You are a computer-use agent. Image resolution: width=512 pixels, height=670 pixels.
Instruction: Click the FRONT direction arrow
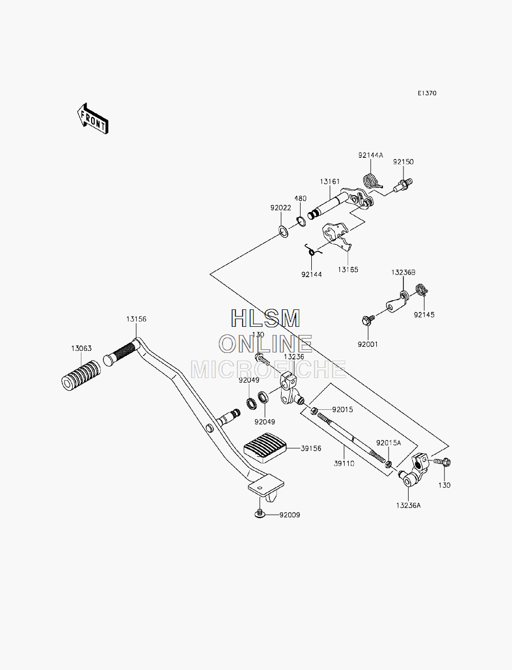[x=93, y=119]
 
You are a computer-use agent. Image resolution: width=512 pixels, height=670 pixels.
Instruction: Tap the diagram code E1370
[x=427, y=93]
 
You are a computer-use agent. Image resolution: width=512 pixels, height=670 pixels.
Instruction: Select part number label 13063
[x=81, y=348]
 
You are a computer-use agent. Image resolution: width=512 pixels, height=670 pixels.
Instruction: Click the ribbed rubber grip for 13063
[x=81, y=376]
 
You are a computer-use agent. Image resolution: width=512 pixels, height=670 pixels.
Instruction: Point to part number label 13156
[x=136, y=319]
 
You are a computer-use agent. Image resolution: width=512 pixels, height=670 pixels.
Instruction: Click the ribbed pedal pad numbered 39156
[x=265, y=447]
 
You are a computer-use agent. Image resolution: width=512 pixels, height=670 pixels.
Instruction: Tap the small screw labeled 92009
[x=260, y=514]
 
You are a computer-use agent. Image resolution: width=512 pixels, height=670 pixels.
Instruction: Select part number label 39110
[x=344, y=464]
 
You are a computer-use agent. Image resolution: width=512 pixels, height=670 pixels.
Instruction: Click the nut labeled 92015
[x=313, y=411]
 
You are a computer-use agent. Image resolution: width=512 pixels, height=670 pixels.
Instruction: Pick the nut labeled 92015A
[x=389, y=465]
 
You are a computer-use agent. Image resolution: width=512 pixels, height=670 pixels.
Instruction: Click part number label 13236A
[x=408, y=506]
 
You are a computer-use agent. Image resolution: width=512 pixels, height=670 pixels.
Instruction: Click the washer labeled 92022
[x=283, y=232]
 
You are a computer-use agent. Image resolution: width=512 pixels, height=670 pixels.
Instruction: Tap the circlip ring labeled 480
[x=301, y=221]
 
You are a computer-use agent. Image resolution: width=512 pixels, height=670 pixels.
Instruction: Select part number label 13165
[x=348, y=269]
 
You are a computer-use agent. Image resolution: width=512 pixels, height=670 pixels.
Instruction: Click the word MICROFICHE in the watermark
[x=268, y=369]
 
